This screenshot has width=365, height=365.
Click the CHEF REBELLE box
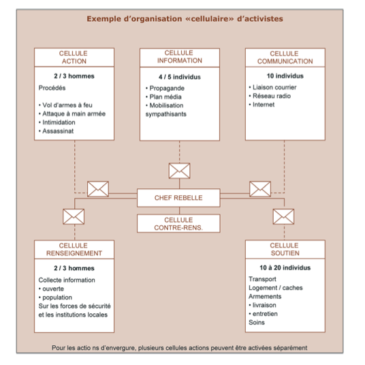click(178, 198)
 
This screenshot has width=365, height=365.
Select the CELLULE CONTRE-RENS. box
click(178, 223)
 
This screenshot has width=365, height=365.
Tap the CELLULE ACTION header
click(74, 57)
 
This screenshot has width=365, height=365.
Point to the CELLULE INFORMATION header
click(180, 57)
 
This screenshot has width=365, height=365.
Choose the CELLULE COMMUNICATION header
click(285, 57)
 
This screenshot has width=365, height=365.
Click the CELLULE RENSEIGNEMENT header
click(74, 250)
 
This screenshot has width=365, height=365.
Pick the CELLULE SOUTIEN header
click(285, 249)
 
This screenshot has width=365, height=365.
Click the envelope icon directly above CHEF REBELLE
click(180, 171)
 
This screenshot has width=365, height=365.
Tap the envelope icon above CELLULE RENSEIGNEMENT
click(74, 216)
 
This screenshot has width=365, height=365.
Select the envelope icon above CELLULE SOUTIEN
click(283, 216)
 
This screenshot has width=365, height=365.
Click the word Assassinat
click(58, 131)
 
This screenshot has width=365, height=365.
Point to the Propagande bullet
click(165, 89)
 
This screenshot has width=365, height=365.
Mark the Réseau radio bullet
click(270, 96)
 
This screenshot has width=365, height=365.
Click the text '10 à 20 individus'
click(285, 267)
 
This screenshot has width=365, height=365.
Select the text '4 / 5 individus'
click(180, 77)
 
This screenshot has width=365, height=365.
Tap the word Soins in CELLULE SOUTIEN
click(257, 323)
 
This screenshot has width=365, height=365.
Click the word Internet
click(264, 104)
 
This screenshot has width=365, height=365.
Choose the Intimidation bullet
click(57, 122)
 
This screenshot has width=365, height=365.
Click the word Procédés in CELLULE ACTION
click(52, 88)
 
